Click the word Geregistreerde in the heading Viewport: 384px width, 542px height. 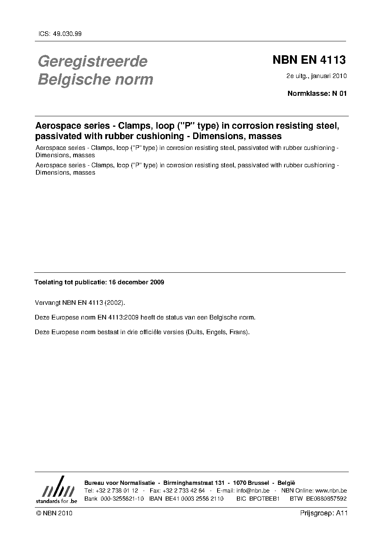(93, 61)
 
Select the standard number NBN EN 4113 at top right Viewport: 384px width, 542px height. (309, 60)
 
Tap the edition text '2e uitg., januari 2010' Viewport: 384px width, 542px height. (316, 76)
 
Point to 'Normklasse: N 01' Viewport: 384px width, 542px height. (317, 93)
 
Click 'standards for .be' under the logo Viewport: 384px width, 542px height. (57, 501)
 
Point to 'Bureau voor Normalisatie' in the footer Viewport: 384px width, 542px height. (120, 483)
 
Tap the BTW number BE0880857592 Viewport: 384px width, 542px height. (326, 499)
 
